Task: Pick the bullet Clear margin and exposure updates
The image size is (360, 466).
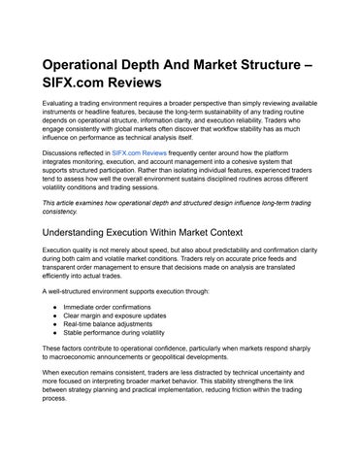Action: coord(114,316)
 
